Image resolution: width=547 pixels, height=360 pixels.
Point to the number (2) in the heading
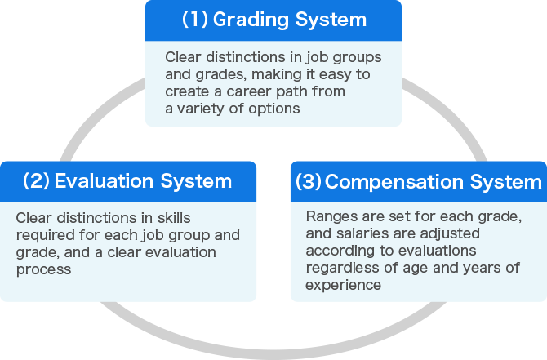pyautogui.click(x=36, y=180)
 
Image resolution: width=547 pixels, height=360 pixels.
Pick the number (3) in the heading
pyautogui.click(x=309, y=181)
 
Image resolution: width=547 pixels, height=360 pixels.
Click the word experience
pyautogui.click(x=343, y=285)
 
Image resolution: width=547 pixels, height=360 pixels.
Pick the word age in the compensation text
pyautogui.click(x=416, y=268)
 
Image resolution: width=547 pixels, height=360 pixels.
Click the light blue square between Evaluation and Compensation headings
pyautogui.click(x=273, y=185)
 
